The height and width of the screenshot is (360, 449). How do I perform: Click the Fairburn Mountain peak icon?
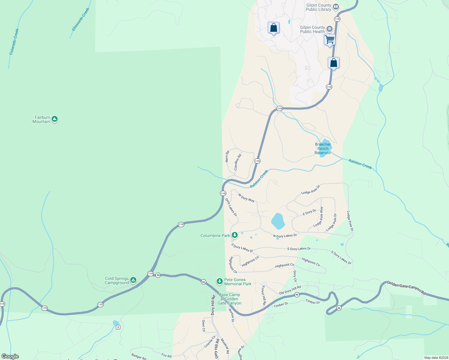click(x=54, y=119)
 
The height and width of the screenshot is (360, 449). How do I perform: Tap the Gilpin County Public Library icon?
click(x=336, y=7)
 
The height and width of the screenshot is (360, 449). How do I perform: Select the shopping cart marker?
click(x=330, y=40)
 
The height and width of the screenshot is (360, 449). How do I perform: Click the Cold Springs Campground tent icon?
click(x=133, y=280)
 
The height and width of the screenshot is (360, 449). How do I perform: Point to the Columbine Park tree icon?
click(x=235, y=235)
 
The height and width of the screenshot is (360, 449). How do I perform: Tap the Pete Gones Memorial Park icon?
click(x=220, y=281)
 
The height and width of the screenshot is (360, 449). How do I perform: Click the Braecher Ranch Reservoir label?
click(x=323, y=148)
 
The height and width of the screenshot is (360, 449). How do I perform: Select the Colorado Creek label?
click(x=14, y=42)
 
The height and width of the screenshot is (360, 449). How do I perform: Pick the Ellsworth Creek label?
click(x=81, y=19)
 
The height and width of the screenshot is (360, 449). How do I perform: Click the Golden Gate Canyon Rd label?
click(x=406, y=287)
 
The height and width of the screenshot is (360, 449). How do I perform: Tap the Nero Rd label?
click(x=227, y=156)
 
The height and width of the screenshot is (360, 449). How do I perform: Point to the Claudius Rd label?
click(x=237, y=162)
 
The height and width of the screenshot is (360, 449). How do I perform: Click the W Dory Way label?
click(x=246, y=198)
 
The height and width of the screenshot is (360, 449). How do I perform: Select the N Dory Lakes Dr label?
click(x=285, y=236)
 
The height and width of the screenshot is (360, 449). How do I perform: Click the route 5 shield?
click(x=118, y=327)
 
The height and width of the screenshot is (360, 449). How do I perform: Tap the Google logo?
click(x=10, y=356)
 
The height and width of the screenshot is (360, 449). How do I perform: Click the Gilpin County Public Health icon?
click(x=330, y=29)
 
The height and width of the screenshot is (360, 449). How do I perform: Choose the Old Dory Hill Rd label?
click(x=290, y=290)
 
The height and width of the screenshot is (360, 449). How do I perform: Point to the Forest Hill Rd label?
click(x=263, y=295)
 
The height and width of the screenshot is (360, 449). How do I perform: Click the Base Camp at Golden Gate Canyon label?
click(x=230, y=299)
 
